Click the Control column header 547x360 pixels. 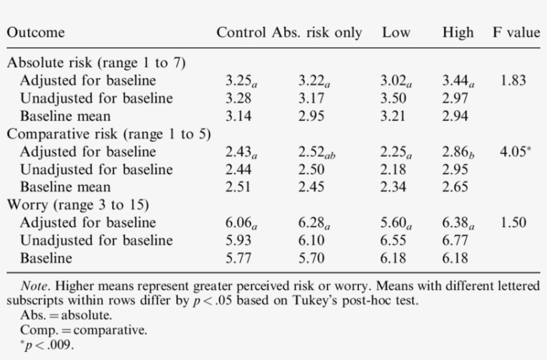click(x=242, y=33)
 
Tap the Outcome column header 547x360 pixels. click(x=36, y=33)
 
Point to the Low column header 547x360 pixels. click(x=396, y=33)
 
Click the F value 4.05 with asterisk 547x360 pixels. click(x=515, y=151)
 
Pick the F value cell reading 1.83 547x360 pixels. click(x=512, y=81)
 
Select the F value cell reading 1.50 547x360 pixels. click(x=512, y=223)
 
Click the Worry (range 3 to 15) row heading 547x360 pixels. click(x=77, y=205)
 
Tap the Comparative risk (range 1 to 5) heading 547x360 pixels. click(x=109, y=133)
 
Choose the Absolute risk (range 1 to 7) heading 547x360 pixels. click(x=96, y=63)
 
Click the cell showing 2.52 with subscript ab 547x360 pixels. click(x=317, y=152)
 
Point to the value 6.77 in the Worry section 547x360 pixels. click(x=455, y=240)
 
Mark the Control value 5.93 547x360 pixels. click(x=239, y=240)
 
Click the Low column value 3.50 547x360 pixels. click(x=394, y=99)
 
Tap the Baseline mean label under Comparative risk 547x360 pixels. click(x=65, y=187)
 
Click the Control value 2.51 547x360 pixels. click(x=239, y=187)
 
